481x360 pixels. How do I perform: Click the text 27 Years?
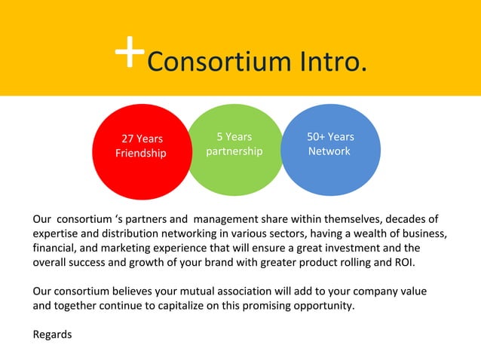[x=142, y=139]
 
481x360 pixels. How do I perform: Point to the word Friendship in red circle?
[x=140, y=154]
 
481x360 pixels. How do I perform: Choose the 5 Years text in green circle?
[x=234, y=136]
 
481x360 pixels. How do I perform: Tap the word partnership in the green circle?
[x=234, y=151]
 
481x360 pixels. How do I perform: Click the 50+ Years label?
[x=330, y=136]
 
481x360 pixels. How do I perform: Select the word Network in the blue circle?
[x=329, y=151]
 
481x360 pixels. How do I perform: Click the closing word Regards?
[x=52, y=334]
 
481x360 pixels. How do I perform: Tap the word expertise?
[x=57, y=234]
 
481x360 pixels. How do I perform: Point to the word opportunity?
[x=320, y=306]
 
